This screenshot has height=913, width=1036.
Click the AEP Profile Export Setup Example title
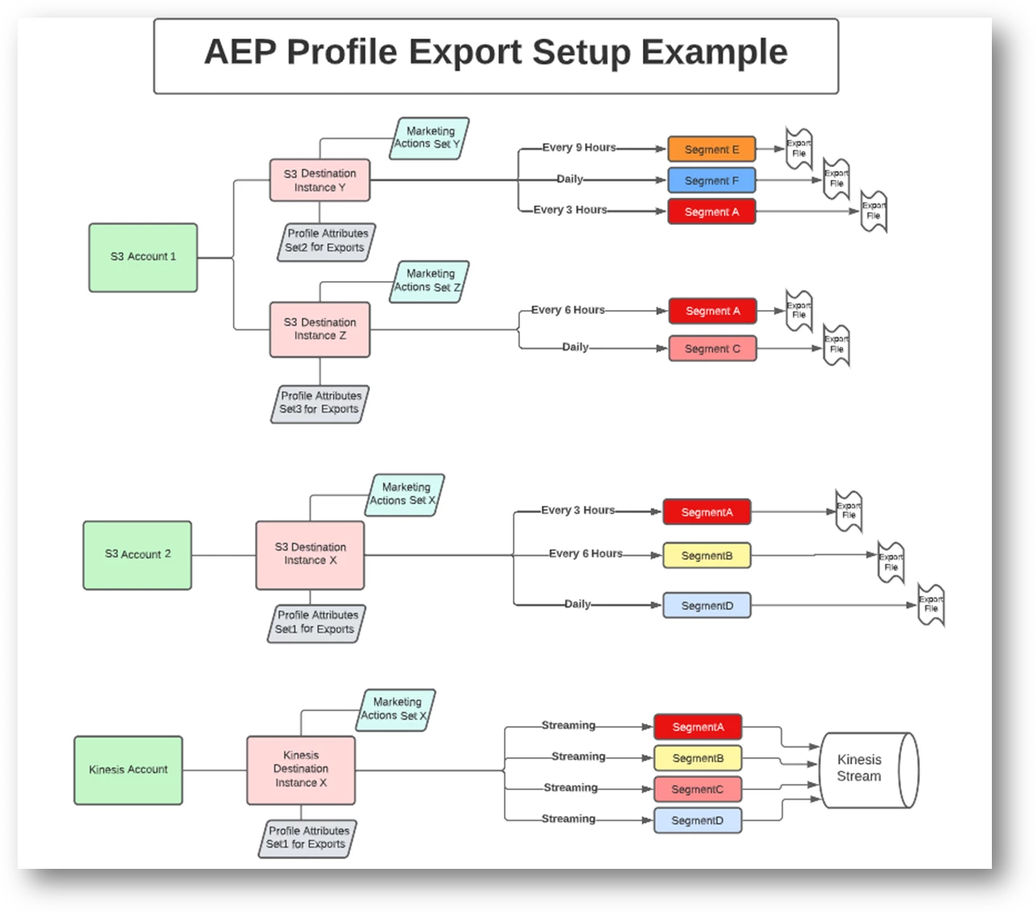click(496, 53)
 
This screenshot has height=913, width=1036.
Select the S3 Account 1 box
click(143, 257)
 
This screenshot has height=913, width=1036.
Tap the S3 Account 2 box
click(137, 555)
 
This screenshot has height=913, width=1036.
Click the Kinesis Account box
click(128, 770)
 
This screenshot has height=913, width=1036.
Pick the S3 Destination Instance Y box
click(319, 180)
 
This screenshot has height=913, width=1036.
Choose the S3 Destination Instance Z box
click(319, 329)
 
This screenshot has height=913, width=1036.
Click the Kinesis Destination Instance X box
click(301, 769)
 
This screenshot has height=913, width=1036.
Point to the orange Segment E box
click(712, 149)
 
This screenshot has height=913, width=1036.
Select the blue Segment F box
click(712, 181)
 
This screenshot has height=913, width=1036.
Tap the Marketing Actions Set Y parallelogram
click(429, 138)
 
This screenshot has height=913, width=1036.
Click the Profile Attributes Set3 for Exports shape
click(320, 403)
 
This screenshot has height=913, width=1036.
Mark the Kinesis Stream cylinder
click(865, 768)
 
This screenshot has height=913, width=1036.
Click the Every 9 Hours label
click(579, 148)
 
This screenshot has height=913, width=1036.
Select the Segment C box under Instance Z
click(713, 348)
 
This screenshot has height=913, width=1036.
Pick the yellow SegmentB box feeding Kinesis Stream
click(697, 758)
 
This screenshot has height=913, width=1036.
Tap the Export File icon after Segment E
click(798, 149)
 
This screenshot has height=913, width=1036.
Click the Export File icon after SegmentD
click(931, 604)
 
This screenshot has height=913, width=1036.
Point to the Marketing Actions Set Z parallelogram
click(429, 281)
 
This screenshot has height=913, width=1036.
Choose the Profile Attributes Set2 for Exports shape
click(327, 241)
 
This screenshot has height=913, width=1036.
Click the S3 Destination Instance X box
click(310, 555)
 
